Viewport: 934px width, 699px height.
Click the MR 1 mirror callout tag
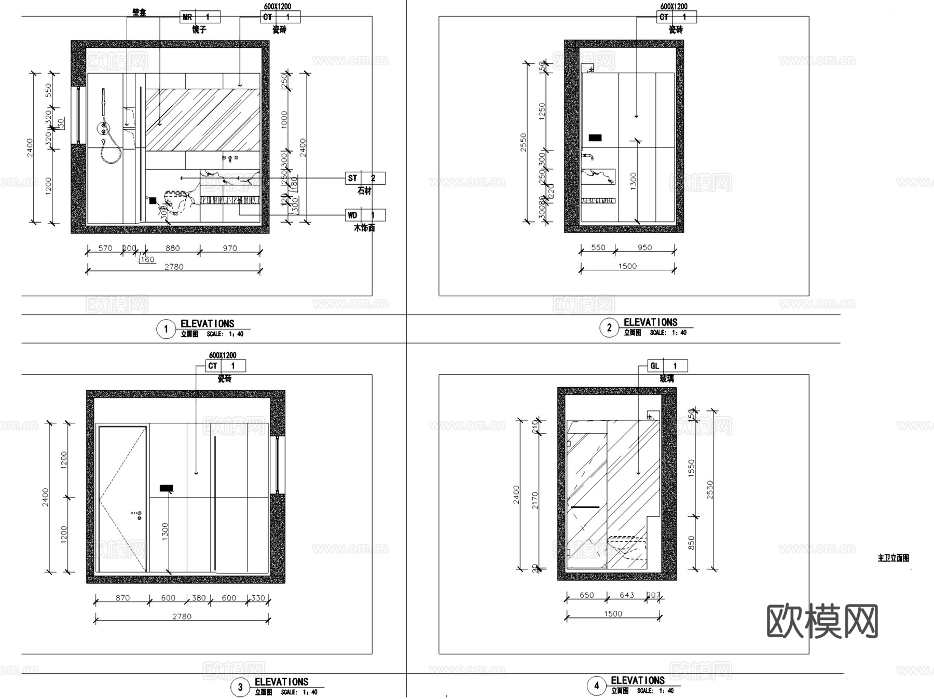pos(200,17)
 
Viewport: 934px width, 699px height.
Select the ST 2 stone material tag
pos(365,179)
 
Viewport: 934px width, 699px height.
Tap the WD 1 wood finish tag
pos(365,215)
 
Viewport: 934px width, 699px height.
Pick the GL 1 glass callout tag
pos(667,366)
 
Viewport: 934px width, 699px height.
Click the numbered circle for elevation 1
pos(166,329)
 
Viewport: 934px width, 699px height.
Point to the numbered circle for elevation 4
pos(596,686)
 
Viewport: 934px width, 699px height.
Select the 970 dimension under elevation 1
pos(230,248)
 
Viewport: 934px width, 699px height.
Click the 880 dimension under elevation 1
pos(172,248)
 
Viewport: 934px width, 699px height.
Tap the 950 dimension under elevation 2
pos(644,248)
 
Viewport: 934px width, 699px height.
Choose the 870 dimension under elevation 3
pos(122,598)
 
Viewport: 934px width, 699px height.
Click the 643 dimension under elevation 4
pos(627,595)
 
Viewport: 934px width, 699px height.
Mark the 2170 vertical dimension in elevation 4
pos(535,500)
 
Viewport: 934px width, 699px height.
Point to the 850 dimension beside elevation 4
pos(691,543)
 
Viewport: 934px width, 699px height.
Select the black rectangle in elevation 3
pos(166,488)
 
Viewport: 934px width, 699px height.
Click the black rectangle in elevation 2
pos(595,138)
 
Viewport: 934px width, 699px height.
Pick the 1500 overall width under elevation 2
pos(627,266)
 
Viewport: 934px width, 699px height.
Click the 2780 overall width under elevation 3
pos(182,616)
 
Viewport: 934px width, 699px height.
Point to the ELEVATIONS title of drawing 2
pos(650,322)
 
